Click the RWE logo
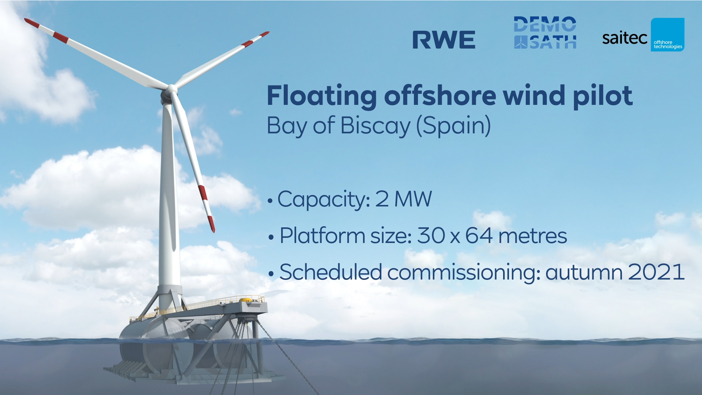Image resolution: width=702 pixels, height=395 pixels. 444,40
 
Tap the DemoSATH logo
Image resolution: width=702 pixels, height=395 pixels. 545,33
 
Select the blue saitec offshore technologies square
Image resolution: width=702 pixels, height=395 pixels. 667,35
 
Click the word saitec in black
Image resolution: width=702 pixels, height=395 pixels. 624,38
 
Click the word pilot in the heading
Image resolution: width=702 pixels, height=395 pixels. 603,96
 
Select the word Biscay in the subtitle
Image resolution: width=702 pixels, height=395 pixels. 375,126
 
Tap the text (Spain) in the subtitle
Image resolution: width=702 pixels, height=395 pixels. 453,126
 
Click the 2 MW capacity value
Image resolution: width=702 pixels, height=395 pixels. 403,199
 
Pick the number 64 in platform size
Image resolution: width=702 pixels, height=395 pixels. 479,235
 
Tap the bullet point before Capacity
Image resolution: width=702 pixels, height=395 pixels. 270,201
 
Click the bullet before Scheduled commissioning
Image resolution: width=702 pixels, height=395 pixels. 271,274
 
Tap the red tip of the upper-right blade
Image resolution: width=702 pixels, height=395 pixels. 264,35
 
